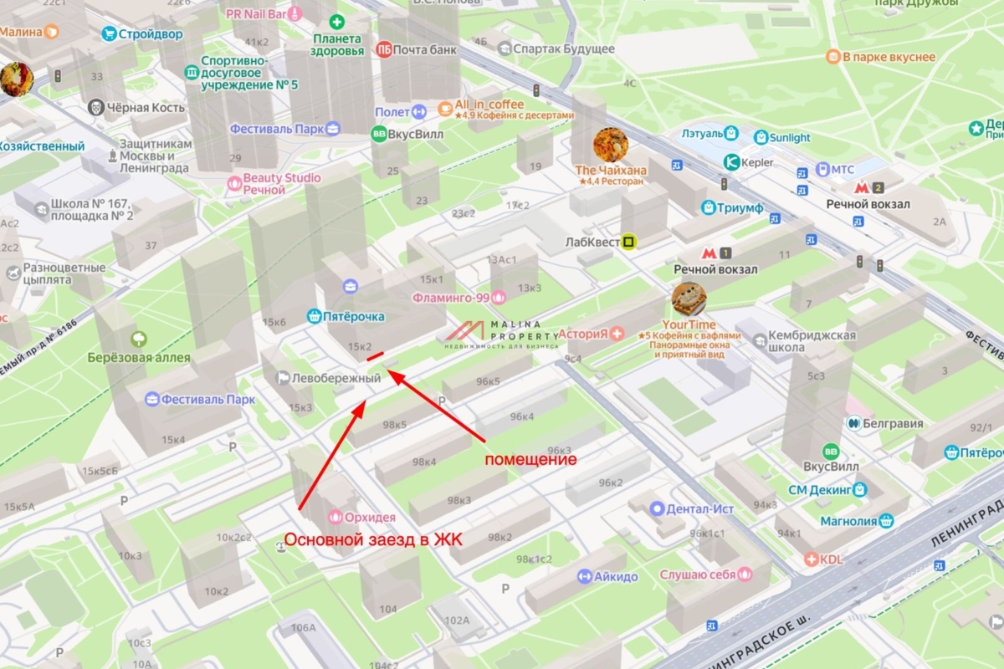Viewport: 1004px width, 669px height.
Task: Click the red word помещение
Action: (x=531, y=459)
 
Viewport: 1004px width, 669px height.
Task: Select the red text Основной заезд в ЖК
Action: (x=373, y=539)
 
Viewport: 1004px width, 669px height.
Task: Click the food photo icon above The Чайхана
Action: (x=610, y=145)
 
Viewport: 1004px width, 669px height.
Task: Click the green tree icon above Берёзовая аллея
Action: (x=139, y=340)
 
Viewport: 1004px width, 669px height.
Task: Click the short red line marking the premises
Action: (x=376, y=358)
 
